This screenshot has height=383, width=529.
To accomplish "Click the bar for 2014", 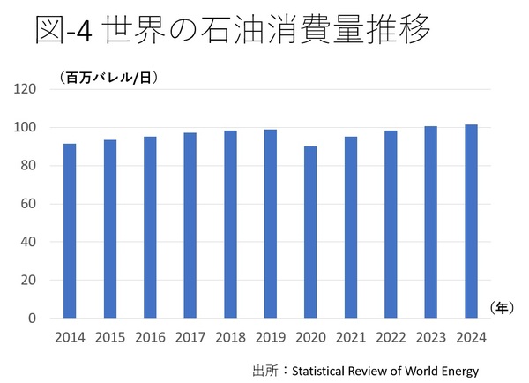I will (70, 230).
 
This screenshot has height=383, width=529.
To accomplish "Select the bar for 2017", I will (190, 225).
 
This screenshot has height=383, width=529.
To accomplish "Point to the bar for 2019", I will (270, 223).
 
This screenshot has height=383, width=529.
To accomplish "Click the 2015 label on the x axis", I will (109, 337).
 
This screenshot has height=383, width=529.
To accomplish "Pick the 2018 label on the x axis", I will (230, 337).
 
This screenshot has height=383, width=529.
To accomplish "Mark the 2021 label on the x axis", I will (350, 337).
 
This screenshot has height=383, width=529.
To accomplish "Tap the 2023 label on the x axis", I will (430, 337).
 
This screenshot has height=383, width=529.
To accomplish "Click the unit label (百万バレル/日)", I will (108, 78).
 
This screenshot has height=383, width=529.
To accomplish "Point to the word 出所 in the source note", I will (264, 368).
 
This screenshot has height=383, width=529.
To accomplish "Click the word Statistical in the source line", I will (320, 368).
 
